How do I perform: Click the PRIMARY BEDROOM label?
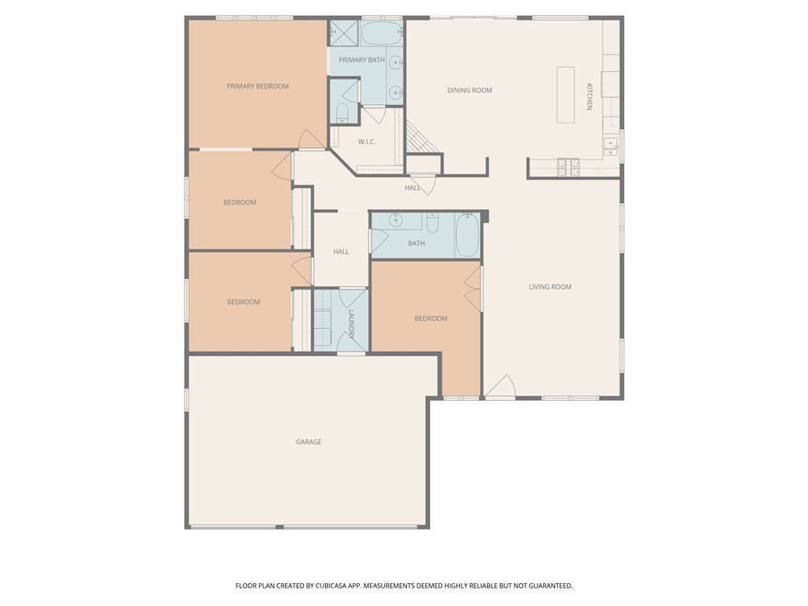point(257,86)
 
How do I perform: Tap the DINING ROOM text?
point(469,90)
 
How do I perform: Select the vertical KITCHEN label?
point(589,96)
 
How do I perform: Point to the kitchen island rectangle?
point(565,95)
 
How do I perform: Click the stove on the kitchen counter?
point(568,166)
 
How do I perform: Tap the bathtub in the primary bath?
point(382,33)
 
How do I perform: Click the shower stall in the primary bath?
point(344,33)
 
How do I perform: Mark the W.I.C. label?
point(367,142)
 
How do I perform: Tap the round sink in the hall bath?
point(395,220)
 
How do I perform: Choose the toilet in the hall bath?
point(432,223)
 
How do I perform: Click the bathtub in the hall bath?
point(467,235)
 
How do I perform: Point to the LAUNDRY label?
point(352,324)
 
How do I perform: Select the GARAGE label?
point(309,442)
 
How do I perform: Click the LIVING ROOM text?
point(550,286)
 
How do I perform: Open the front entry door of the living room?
point(499,387)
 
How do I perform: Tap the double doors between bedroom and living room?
point(473,290)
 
